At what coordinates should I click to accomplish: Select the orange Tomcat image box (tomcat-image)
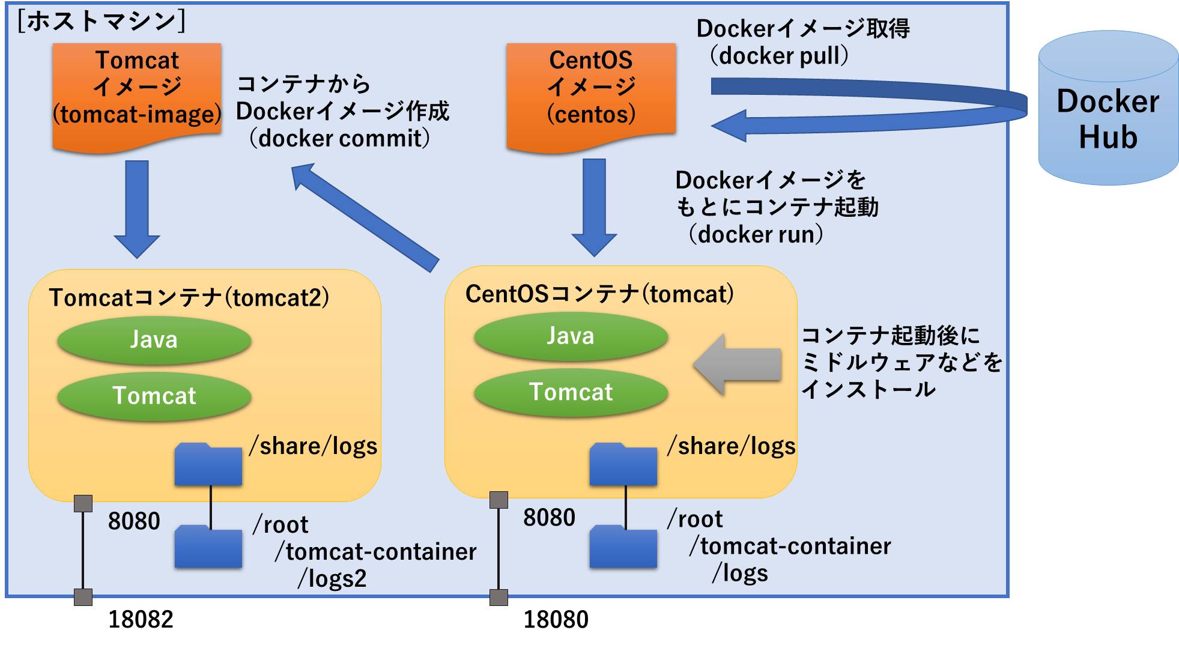137,93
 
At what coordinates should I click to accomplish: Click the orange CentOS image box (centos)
591,93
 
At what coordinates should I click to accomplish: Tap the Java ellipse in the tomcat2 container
154,340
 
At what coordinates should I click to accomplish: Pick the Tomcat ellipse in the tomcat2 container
154,396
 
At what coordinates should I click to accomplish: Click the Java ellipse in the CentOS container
571,336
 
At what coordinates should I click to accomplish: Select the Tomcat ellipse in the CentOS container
571,392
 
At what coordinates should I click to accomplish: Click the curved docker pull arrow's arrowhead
730,126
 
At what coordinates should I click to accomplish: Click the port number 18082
141,620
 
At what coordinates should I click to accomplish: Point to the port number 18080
556,620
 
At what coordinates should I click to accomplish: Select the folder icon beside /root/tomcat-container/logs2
208,547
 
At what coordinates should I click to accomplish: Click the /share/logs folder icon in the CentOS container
623,465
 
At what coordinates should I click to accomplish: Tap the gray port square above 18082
83,597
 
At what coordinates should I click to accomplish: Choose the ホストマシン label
102,22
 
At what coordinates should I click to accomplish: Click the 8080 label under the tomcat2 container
134,521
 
